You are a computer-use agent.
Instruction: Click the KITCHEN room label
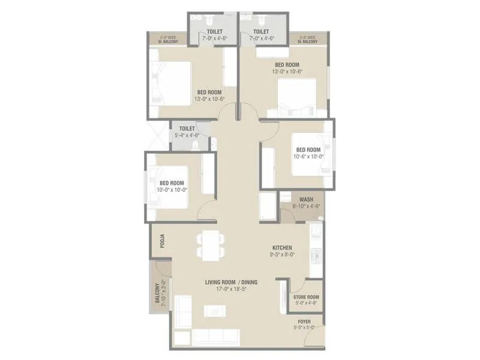pos(282,247)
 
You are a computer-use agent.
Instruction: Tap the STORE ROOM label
pos(306,297)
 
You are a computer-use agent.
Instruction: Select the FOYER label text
pos(304,322)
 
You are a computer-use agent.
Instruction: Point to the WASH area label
pos(306,200)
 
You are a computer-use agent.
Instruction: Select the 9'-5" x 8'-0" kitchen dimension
pos(282,254)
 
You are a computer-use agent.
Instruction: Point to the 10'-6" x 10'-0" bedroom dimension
pos(308,157)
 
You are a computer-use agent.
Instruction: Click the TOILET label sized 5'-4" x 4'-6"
pos(187,128)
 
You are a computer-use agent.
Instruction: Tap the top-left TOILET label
pos(215,31)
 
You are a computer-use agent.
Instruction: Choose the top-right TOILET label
pos(262,31)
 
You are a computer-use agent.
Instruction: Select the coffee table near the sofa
pos(214,311)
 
